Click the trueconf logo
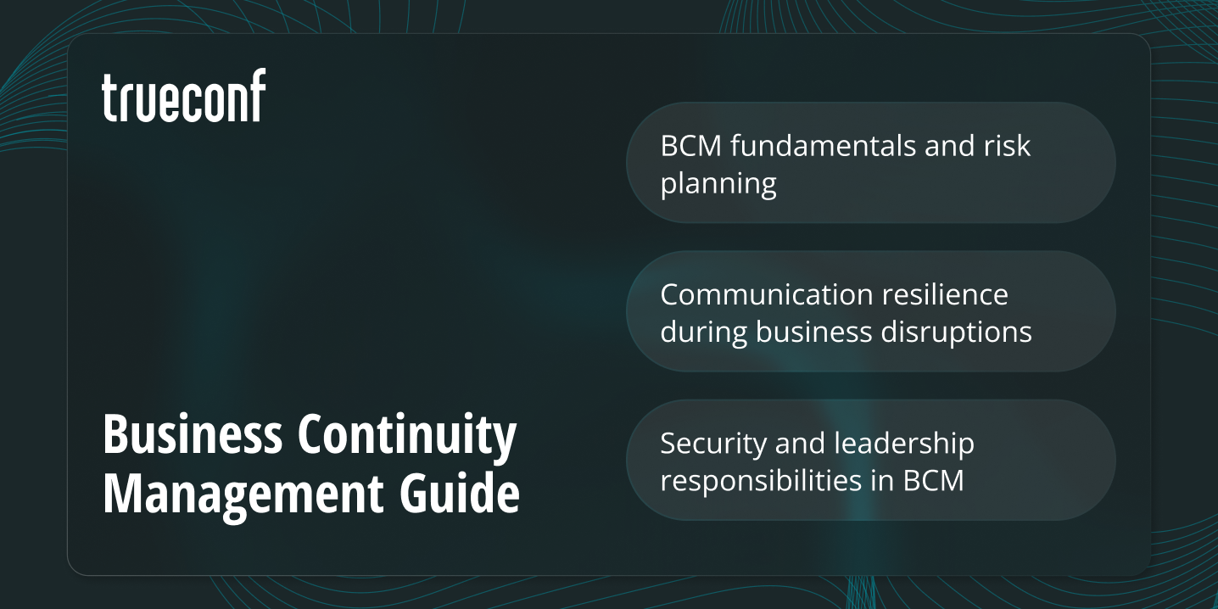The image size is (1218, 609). coord(183,96)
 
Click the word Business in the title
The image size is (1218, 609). coord(192,435)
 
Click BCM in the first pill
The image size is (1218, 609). coord(691,146)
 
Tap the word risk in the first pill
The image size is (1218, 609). coord(1010,146)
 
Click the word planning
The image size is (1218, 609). coord(718,184)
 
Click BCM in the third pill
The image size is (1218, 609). coord(933,481)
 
